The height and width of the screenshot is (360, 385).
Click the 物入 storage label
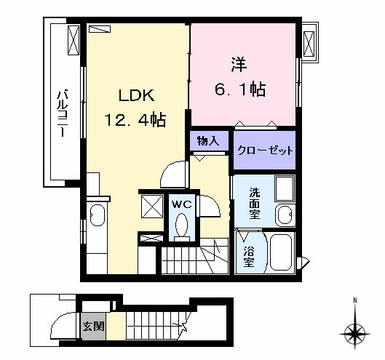pyautogui.click(x=207, y=140)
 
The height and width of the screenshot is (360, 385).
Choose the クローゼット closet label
pyautogui.click(x=265, y=151)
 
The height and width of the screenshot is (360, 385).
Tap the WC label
pyautogui.click(x=180, y=204)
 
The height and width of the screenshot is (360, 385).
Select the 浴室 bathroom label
pyautogui.click(x=249, y=257)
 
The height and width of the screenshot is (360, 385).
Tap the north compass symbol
pyautogui.click(x=354, y=334)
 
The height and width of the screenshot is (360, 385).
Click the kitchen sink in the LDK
pyautogui.click(x=97, y=218)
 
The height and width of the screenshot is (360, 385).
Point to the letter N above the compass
pyautogui.click(x=354, y=302)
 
